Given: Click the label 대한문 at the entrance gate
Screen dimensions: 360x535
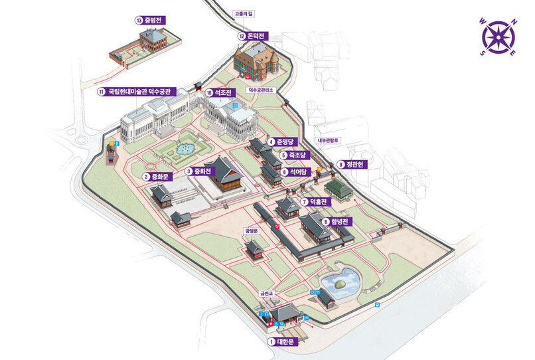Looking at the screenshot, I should click(289, 342).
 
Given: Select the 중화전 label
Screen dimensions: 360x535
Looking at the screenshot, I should click(202, 171).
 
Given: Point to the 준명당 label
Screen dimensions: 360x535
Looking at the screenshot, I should click(290, 142).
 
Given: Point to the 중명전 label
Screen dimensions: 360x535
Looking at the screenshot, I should click(153, 21).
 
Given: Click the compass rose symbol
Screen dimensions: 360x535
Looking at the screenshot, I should click(497, 36).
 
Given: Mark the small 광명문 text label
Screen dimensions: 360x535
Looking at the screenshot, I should click(252, 231).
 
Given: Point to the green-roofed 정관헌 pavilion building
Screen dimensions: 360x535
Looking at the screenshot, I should click(339, 189).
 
